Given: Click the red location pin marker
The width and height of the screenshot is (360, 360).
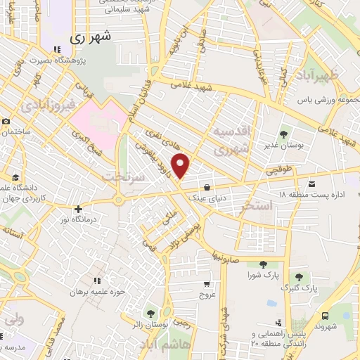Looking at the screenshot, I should point(181,165).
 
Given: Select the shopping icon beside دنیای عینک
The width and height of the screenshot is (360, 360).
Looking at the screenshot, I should point(207,187).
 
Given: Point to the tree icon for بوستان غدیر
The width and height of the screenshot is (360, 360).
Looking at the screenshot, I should point(284,133).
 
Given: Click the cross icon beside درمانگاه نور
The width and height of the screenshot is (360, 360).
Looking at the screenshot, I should point(79,208).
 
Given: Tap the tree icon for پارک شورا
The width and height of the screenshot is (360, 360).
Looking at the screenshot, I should point(263,264).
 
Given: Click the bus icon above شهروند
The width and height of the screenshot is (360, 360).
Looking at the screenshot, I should point(326,316).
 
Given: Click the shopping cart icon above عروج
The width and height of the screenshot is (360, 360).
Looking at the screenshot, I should point(206,285).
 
